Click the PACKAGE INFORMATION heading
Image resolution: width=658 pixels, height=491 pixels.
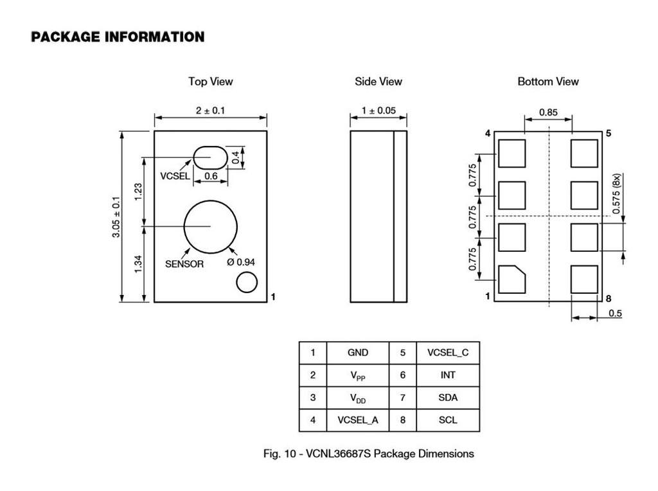tap(118, 37)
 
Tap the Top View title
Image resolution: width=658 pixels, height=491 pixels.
tap(210, 82)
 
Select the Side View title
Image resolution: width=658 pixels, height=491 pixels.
tap(378, 82)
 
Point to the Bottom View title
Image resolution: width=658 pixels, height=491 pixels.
tap(548, 82)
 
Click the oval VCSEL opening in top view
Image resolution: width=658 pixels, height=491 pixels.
tap(210, 156)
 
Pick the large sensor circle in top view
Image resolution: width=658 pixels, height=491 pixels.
tap(210, 226)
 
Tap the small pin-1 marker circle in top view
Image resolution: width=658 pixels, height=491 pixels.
tap(246, 282)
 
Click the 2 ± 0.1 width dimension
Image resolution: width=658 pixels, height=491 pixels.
tap(210, 111)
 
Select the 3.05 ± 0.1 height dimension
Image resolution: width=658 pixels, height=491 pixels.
tap(116, 217)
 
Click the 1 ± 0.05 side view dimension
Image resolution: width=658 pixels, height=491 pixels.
tap(378, 111)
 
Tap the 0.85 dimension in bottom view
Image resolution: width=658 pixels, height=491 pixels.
tap(548, 112)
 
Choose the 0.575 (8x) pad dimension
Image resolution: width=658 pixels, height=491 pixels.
tap(616, 193)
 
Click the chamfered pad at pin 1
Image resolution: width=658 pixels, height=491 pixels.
tap(511, 279)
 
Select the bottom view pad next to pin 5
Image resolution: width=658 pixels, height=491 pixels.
tap(584, 154)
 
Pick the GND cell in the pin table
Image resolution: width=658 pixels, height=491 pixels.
tap(358, 353)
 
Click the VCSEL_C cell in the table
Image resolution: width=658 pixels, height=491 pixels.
tap(448, 353)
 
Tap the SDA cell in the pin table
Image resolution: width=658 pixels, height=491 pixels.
tap(448, 398)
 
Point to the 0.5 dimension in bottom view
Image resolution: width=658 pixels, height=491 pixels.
tap(615, 314)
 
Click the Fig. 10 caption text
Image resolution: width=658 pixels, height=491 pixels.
tap(369, 454)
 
